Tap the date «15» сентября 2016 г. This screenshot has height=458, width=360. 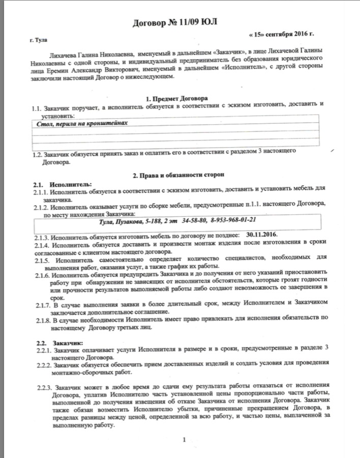pyautogui.click(x=281, y=35)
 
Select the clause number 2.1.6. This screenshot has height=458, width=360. pyautogui.click(x=43, y=275)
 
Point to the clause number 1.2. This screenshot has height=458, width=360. pyautogui.click(x=37, y=154)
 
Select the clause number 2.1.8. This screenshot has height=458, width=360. pyautogui.click(x=43, y=320)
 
